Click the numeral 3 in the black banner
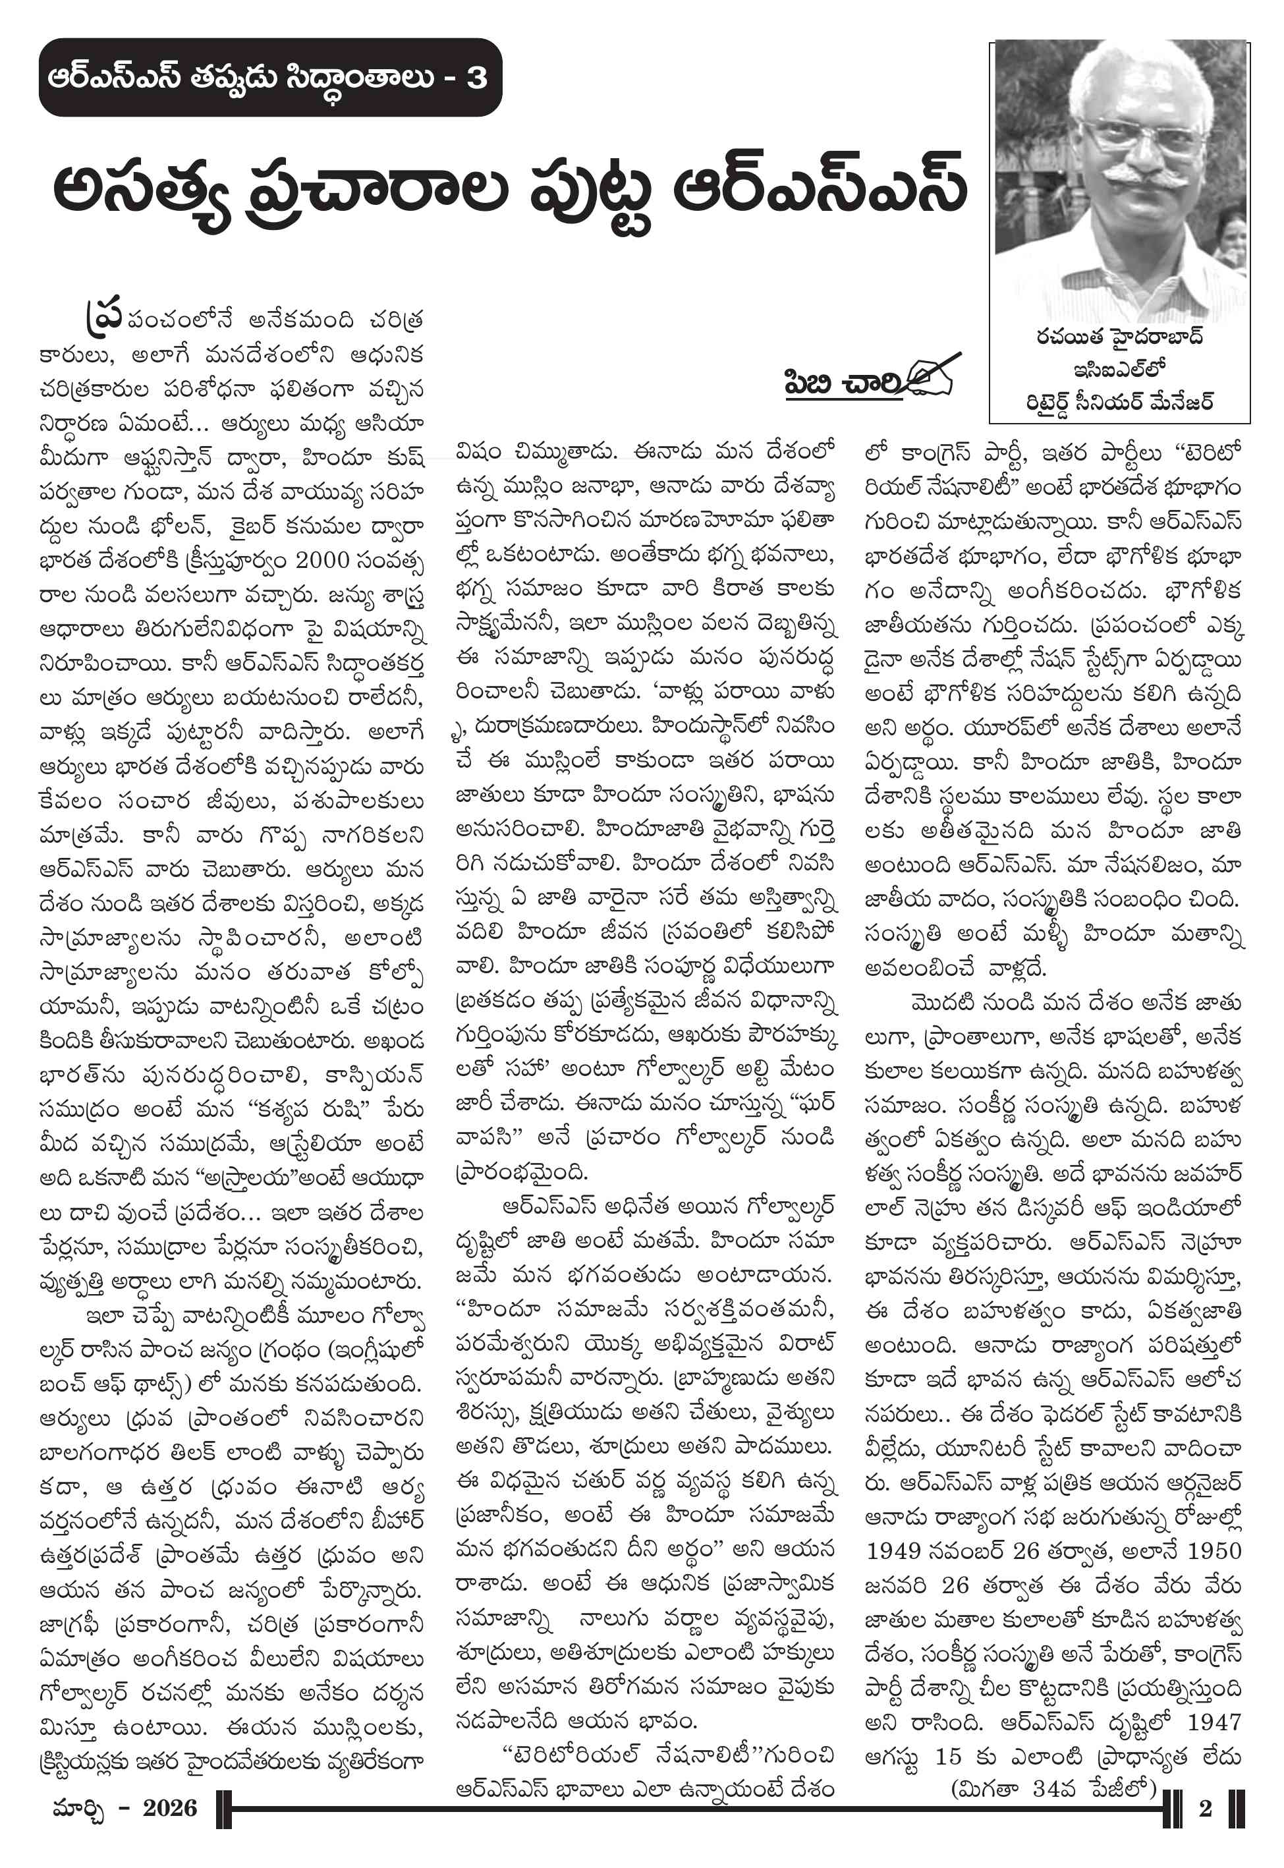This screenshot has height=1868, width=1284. click(x=476, y=78)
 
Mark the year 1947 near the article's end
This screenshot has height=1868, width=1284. click(x=1214, y=1722)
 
